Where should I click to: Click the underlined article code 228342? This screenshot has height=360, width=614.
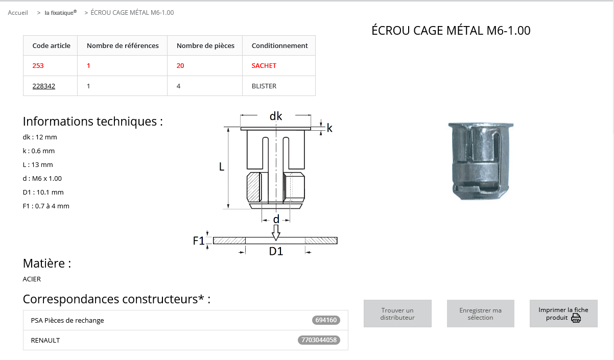tap(43, 86)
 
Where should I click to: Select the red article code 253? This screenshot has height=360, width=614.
tap(38, 66)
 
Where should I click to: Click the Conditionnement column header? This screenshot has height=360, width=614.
tap(279, 45)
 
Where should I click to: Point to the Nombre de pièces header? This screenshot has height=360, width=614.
tap(205, 45)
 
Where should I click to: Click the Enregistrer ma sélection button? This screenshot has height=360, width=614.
tap(481, 314)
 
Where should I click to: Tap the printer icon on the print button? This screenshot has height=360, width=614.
tap(576, 318)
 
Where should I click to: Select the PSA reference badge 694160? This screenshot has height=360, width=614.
tap(326, 320)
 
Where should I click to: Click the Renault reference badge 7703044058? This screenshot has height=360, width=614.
tap(319, 340)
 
